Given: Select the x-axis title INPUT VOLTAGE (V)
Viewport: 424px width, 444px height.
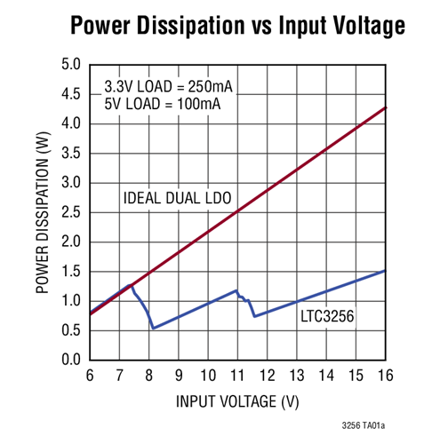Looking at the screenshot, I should tap(237, 401).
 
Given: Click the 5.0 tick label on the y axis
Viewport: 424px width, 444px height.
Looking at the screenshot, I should tap(70, 65).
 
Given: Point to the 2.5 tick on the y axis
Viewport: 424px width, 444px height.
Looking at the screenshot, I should tap(70, 212).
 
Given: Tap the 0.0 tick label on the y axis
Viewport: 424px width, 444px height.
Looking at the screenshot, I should tap(70, 360).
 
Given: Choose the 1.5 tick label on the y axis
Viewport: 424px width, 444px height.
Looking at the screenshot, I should tap(70, 272).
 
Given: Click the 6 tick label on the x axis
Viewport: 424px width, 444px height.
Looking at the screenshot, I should tap(91, 377).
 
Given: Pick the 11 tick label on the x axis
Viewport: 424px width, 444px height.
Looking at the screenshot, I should tap(237, 377).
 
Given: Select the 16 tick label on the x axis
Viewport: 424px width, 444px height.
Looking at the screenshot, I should tap(384, 377).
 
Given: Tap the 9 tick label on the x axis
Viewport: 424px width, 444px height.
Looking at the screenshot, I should tap(179, 377).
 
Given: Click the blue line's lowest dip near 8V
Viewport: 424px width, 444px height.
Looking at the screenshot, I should tap(154, 328).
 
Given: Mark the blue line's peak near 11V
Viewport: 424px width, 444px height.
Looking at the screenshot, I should tap(236, 290).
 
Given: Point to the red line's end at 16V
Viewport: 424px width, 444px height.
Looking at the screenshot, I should tap(384, 107).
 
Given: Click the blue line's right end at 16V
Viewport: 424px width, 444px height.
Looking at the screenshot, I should tap(384, 271).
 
